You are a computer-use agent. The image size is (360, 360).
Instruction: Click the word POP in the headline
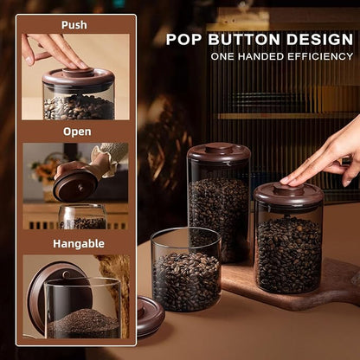(183, 39)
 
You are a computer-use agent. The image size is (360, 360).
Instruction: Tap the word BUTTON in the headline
(244, 39)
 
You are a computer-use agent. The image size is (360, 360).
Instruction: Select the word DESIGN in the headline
(320, 39)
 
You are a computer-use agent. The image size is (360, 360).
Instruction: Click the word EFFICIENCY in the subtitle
(320, 56)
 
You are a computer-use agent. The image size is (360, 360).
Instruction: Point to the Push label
(74, 25)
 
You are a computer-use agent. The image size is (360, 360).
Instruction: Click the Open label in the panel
(77, 132)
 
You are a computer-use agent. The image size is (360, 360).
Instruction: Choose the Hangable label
(79, 244)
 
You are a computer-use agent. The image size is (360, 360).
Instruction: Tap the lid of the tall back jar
(219, 152)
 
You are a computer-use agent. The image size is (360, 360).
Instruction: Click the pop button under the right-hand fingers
(289, 189)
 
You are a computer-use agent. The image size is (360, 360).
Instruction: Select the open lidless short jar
(186, 269)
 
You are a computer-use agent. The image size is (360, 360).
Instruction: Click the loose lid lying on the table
(150, 317)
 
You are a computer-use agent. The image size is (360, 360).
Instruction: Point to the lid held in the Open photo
(75, 185)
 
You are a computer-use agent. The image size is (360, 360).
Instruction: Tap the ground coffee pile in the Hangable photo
(83, 323)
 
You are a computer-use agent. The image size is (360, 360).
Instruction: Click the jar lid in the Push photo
(79, 76)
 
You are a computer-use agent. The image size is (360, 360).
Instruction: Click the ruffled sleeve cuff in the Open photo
(105, 162)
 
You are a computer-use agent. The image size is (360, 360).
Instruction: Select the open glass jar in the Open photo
(83, 216)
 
